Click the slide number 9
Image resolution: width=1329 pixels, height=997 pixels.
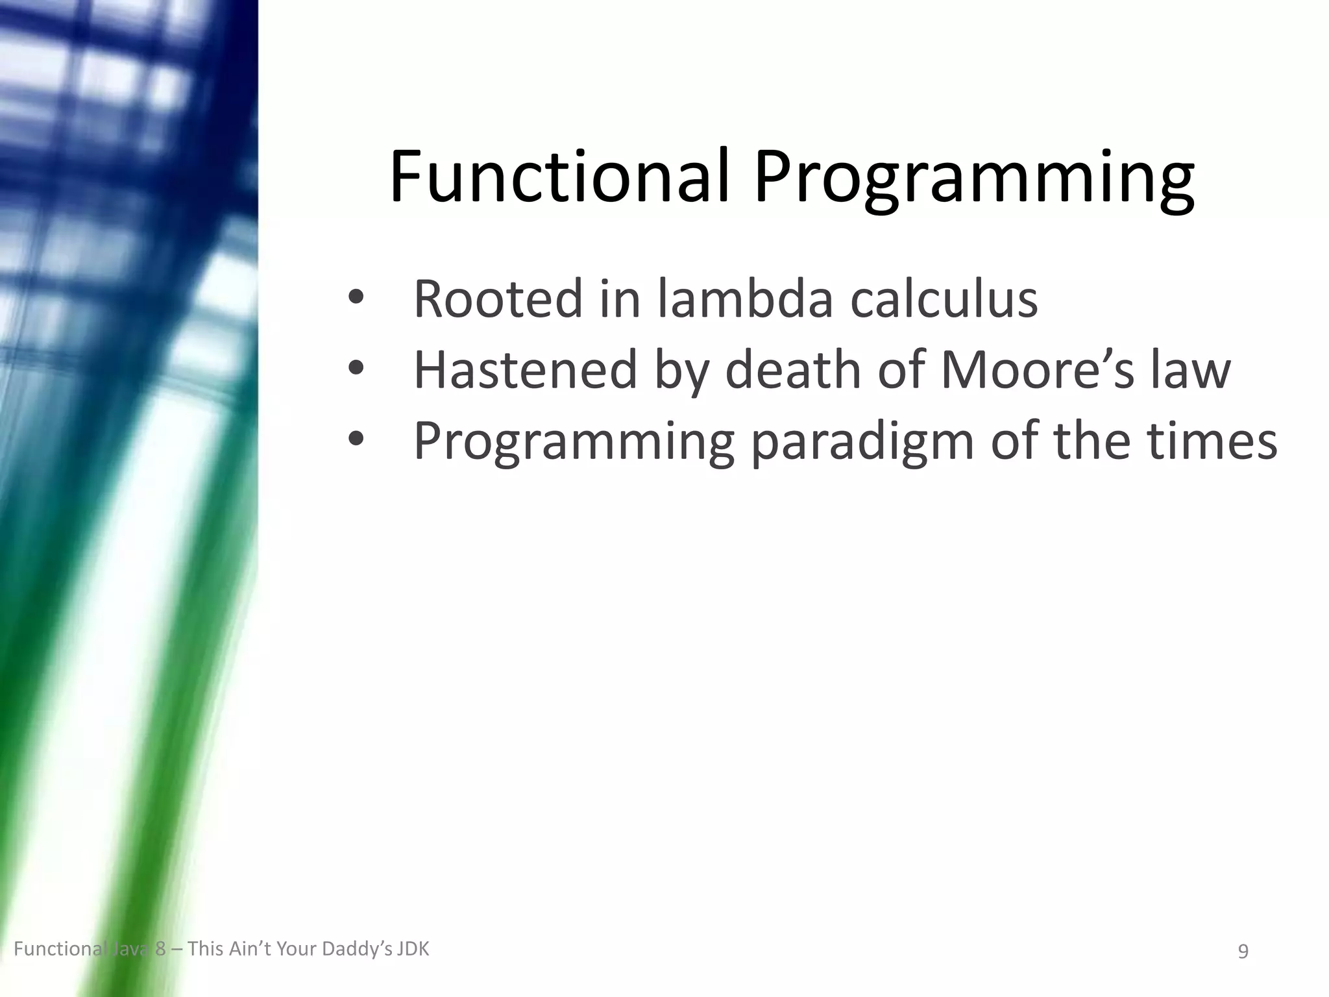pos(1243,952)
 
